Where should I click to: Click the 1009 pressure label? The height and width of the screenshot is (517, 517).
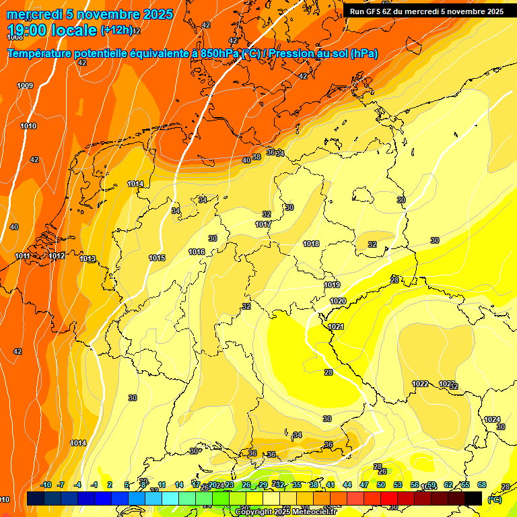click(x=25, y=85)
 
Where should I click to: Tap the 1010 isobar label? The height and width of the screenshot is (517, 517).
click(x=28, y=126)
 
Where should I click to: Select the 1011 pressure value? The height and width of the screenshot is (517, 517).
click(x=22, y=256)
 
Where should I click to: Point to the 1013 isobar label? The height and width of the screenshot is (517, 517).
click(x=88, y=259)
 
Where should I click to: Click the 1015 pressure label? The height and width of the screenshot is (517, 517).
click(x=157, y=258)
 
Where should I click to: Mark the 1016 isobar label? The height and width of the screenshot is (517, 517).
click(x=197, y=252)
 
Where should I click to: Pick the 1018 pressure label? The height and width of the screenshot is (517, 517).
click(x=311, y=244)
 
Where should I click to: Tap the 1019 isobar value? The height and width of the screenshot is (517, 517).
click(x=332, y=285)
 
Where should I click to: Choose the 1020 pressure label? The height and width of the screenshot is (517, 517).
click(x=338, y=301)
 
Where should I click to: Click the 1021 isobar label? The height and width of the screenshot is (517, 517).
click(x=336, y=326)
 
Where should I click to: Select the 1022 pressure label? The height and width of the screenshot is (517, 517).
click(x=420, y=384)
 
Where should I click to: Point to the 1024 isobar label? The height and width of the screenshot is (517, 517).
click(x=492, y=419)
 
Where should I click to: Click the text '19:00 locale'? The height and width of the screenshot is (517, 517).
click(x=52, y=30)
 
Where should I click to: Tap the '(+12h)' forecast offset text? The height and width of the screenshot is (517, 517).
click(x=116, y=30)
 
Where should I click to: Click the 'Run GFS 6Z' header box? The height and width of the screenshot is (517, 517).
click(x=427, y=11)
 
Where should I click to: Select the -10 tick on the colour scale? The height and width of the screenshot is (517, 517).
click(x=46, y=485)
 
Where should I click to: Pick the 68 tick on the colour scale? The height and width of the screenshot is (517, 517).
click(x=482, y=485)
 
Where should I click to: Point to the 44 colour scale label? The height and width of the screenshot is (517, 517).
click(x=347, y=485)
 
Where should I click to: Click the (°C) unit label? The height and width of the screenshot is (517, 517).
click(x=494, y=499)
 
